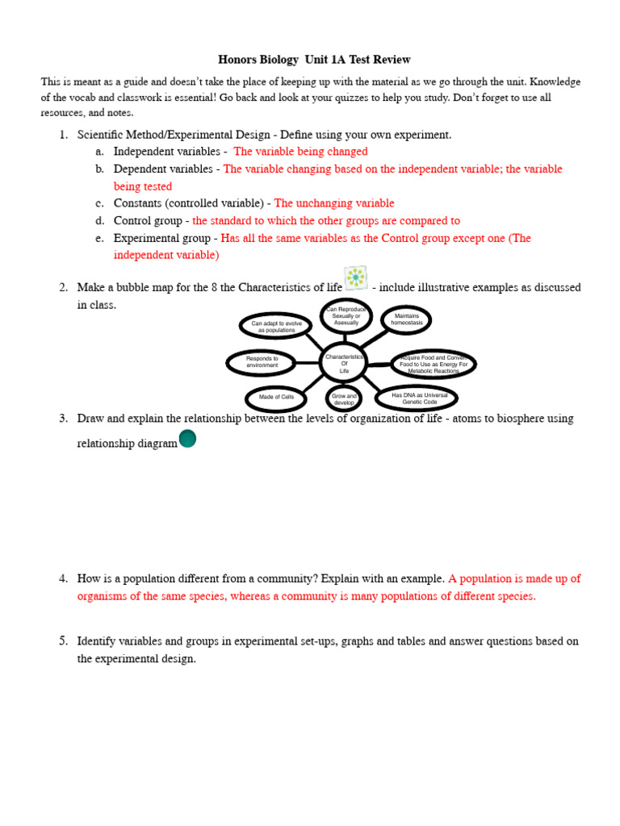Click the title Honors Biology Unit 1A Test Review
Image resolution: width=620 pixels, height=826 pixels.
[x=314, y=60]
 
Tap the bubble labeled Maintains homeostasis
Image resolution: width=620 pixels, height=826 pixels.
[x=406, y=320]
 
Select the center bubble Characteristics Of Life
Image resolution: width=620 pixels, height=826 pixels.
[x=344, y=362]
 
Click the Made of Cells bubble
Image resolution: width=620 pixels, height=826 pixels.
[x=276, y=398]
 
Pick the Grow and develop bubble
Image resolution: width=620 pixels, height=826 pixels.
[x=344, y=398]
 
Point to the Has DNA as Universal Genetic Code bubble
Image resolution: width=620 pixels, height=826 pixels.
[x=419, y=398]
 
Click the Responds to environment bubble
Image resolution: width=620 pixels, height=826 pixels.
[x=262, y=362]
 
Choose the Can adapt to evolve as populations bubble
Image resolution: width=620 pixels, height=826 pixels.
[x=276, y=326]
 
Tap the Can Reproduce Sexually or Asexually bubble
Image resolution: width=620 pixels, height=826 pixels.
[x=346, y=315]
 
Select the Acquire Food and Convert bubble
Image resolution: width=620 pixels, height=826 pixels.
[x=434, y=364]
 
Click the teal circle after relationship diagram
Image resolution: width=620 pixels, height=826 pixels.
[x=187, y=439]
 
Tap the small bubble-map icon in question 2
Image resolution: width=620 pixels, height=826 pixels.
[x=355, y=277]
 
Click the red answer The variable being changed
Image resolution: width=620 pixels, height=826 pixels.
[x=300, y=152]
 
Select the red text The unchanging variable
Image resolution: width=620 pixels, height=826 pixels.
[x=334, y=203]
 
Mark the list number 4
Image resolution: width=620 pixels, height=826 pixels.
[x=63, y=578]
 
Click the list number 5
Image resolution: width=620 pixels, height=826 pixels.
[x=63, y=641]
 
